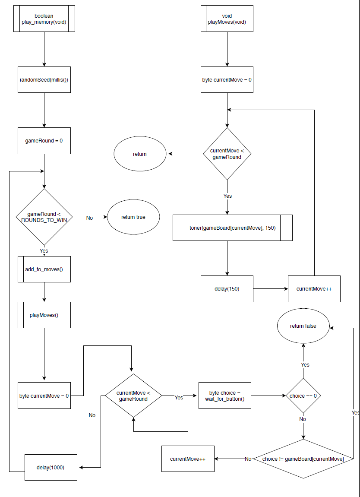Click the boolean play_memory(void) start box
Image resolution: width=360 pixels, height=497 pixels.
point(44,19)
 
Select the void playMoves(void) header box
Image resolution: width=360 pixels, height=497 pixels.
point(227,19)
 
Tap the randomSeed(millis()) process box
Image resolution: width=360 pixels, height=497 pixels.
point(44,79)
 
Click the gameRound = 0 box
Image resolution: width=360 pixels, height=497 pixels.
point(44,141)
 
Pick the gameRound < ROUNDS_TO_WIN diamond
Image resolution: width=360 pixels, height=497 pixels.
point(44,217)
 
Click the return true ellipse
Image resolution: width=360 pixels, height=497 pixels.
point(133,217)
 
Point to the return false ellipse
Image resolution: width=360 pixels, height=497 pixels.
point(303,326)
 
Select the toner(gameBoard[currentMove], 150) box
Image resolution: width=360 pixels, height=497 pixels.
point(233,228)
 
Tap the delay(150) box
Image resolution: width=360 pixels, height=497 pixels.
point(227,288)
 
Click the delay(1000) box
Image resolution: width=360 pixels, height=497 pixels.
point(51,467)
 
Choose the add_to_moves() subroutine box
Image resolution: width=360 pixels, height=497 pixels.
point(44,269)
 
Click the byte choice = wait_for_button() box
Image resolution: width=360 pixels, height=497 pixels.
point(224,396)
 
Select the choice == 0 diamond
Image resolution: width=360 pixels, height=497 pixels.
point(303,396)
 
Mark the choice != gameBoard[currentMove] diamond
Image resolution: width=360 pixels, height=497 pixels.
point(303,459)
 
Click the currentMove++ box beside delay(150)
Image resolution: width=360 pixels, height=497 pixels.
point(314,288)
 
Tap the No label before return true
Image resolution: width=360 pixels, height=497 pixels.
point(89,218)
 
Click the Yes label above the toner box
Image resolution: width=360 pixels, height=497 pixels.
point(227,196)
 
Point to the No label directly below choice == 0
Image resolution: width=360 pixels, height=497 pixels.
point(303,419)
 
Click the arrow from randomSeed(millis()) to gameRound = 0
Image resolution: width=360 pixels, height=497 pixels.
point(44,110)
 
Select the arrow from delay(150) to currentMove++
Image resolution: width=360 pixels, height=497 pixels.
point(271,288)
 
